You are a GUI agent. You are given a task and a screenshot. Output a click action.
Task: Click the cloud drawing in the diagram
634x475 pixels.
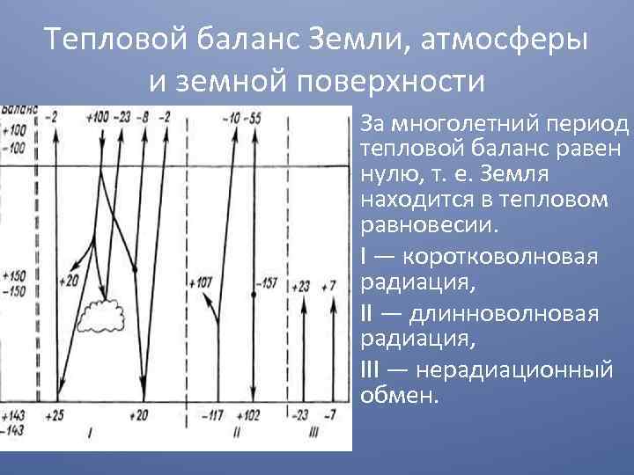(x=100, y=317)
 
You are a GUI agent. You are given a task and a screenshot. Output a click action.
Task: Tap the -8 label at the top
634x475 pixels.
(x=143, y=118)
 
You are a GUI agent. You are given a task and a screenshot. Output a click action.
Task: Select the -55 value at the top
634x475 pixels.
(x=253, y=119)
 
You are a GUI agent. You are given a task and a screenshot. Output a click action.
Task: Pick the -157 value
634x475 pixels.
(x=267, y=283)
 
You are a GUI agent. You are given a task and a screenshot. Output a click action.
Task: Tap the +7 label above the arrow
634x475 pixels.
(x=328, y=287)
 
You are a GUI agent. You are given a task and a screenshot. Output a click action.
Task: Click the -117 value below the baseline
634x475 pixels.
(x=212, y=415)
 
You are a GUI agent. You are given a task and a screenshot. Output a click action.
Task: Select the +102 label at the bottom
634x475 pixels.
(x=247, y=415)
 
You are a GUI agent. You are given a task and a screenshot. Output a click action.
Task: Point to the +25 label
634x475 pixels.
(x=55, y=415)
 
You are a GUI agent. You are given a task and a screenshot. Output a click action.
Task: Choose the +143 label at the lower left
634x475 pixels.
(x=13, y=415)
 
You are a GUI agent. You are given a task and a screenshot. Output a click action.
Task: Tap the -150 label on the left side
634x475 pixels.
(x=14, y=292)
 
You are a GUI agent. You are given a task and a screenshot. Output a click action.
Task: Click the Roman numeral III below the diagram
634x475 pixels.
(x=313, y=434)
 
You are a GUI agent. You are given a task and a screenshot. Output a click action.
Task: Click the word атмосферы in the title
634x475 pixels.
(x=504, y=40)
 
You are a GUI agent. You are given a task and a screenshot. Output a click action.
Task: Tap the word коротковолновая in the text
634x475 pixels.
(x=500, y=257)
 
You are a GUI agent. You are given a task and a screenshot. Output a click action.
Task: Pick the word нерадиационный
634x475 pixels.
(x=514, y=371)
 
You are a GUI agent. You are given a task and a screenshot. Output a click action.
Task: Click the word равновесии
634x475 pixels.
(x=428, y=225)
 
